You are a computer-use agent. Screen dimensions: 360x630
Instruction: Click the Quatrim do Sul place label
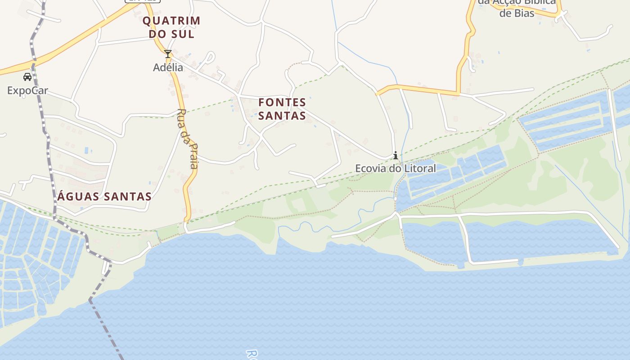[x=171, y=27]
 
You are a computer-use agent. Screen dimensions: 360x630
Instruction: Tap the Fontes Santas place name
[x=282, y=109]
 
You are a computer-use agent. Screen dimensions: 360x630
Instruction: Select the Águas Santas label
[x=105, y=197]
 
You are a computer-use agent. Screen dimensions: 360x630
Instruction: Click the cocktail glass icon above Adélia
[x=168, y=54]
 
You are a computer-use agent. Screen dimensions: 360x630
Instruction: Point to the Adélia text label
[x=168, y=67]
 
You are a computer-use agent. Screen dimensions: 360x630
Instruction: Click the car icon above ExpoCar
[x=27, y=77]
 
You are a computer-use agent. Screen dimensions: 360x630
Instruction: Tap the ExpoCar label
[x=27, y=90]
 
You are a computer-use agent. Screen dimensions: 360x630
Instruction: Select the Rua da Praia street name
[x=188, y=139]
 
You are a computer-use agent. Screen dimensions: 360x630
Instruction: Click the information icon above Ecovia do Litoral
[x=395, y=156]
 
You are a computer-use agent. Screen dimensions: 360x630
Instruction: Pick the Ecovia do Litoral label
[x=396, y=168]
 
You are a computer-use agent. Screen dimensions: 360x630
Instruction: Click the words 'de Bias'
[x=517, y=13]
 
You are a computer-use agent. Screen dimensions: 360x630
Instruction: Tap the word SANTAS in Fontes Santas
[x=282, y=116]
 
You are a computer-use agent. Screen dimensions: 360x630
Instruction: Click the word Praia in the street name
[x=192, y=155]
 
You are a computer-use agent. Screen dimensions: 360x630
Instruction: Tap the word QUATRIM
[x=171, y=21]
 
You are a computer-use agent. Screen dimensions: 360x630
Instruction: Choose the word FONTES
[x=282, y=102]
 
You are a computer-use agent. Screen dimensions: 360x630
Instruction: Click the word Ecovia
[x=369, y=168]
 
